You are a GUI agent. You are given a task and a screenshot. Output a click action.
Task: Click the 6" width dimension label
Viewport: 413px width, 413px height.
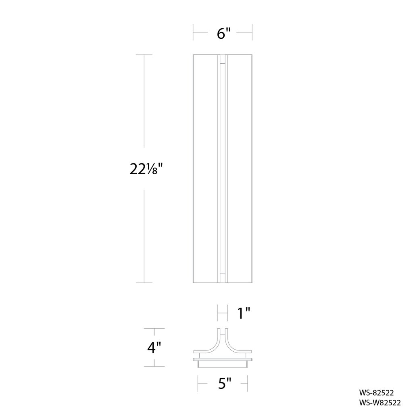pyautogui.click(x=223, y=33)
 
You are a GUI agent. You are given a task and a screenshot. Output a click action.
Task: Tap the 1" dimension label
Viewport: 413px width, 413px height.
pyautogui.click(x=244, y=313)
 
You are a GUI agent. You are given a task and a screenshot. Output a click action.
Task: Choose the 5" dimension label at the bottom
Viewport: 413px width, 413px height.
pyautogui.click(x=224, y=383)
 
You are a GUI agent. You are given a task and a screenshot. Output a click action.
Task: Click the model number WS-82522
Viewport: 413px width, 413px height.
pyautogui.click(x=376, y=393)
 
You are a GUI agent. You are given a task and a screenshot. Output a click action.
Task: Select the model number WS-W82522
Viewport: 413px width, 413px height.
pyautogui.click(x=380, y=403)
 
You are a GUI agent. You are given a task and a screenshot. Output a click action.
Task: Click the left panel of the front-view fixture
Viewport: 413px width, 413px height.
pyautogui.click(x=205, y=169)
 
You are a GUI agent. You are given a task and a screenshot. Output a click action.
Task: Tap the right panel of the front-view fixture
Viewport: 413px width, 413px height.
pyautogui.click(x=240, y=169)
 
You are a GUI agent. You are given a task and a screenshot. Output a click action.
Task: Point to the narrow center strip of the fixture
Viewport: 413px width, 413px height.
pyautogui.click(x=223, y=169)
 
